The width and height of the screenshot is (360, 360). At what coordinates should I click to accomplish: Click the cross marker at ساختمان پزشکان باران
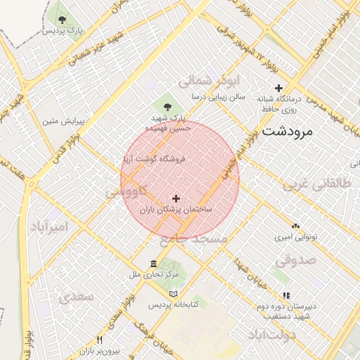175,199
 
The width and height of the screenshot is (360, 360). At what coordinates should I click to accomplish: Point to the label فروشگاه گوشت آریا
154,160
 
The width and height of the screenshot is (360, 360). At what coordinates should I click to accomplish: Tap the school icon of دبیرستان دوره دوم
285,295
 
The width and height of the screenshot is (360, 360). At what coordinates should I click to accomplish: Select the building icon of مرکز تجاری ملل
153,264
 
